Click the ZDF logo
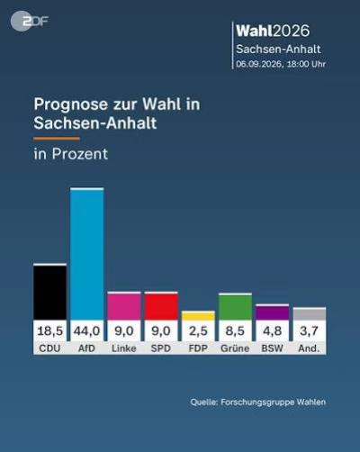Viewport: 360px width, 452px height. pyautogui.click(x=29, y=21)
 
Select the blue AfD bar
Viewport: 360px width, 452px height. pyautogui.click(x=87, y=254)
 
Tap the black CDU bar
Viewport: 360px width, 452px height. pyautogui.click(x=49, y=292)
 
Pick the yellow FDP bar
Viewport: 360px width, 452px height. pyautogui.click(x=198, y=315)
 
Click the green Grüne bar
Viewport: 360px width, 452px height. pyautogui.click(x=235, y=306)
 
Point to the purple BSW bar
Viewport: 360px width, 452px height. pyautogui.click(x=273, y=312)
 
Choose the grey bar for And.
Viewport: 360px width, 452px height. pyautogui.click(x=310, y=313)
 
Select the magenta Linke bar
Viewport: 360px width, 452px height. pyautogui.click(x=124, y=306)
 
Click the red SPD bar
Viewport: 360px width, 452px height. pyautogui.click(x=161, y=306)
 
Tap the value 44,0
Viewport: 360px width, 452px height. pyautogui.click(x=86, y=331)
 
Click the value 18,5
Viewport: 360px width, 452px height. pyautogui.click(x=49, y=331)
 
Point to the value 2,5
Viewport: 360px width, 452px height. pyautogui.click(x=198, y=331)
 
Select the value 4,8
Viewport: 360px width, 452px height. pyautogui.click(x=273, y=331)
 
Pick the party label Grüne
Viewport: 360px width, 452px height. pyautogui.click(x=235, y=348)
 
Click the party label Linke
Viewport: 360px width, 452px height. pyautogui.click(x=124, y=348)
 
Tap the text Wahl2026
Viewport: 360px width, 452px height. pyautogui.click(x=273, y=31)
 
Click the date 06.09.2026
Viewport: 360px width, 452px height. pyautogui.click(x=259, y=64)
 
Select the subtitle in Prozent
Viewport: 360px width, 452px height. pyautogui.click(x=71, y=154)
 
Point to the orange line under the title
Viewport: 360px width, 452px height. pyautogui.click(x=57, y=139)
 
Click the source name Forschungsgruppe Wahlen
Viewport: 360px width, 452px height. pyautogui.click(x=273, y=402)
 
